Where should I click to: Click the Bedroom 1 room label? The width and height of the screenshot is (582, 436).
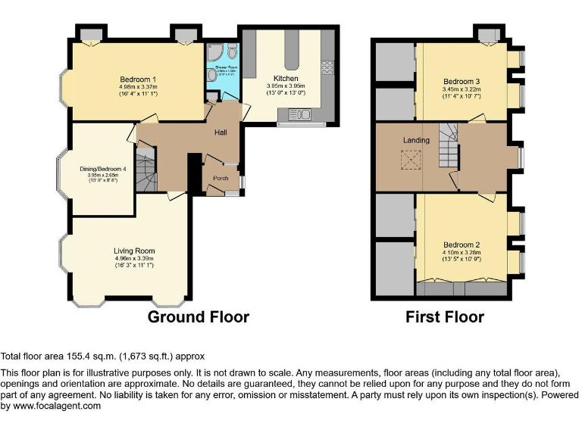click(x=137, y=79)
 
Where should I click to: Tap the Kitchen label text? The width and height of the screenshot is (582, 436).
click(x=286, y=78)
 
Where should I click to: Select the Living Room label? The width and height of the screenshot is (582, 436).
click(x=134, y=251)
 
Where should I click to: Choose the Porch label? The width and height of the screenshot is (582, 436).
click(x=221, y=179)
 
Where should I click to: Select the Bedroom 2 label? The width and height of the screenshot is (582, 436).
click(x=462, y=244)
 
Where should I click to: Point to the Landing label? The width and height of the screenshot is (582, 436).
click(x=416, y=140)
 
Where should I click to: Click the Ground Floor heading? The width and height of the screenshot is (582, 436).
click(x=198, y=316)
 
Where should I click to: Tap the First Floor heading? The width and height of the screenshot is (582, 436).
click(x=445, y=316)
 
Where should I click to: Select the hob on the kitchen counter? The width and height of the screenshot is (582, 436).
click(x=328, y=67)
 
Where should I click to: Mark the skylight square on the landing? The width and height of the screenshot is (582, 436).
click(x=413, y=160)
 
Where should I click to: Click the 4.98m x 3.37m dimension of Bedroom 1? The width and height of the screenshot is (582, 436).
click(x=137, y=87)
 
